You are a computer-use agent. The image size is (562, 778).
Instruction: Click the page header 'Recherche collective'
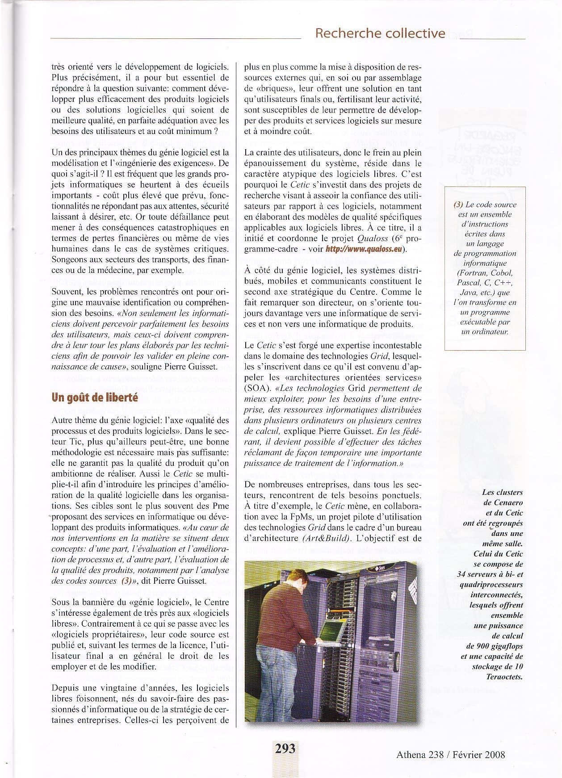(380, 33)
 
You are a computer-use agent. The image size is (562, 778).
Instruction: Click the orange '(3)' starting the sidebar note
(458, 205)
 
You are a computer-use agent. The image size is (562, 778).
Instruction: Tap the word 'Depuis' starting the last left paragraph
(66, 688)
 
